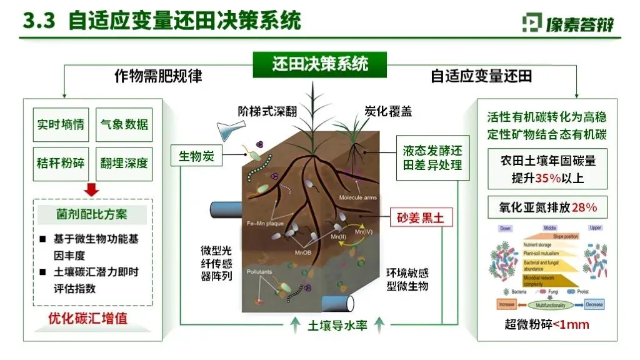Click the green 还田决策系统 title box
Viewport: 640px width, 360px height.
(x=320, y=64)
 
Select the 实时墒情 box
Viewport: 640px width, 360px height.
(x=61, y=124)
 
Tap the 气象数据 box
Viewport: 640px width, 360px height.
(x=124, y=124)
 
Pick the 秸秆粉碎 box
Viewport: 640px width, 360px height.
(x=61, y=164)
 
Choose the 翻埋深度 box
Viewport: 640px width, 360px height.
(x=124, y=164)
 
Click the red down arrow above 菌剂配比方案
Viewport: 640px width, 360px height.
(x=92, y=190)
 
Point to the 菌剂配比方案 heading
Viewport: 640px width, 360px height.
(x=92, y=214)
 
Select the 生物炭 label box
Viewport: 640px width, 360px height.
(x=196, y=156)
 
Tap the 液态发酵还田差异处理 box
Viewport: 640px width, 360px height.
(x=432, y=159)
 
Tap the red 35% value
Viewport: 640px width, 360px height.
(x=547, y=178)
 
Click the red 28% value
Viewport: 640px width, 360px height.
(x=584, y=207)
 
